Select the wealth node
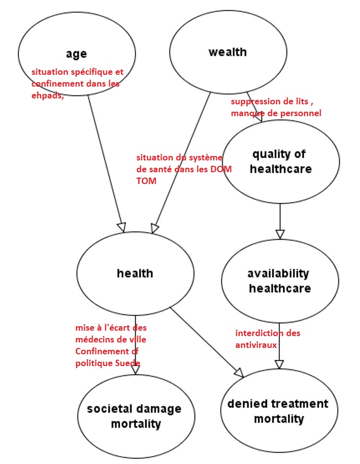(228, 52)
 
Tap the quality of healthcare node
(280, 161)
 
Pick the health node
(135, 273)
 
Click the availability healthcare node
(279, 280)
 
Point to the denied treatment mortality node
(277, 411)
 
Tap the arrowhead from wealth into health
(155, 228)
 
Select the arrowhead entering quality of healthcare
(260, 117)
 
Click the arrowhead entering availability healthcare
(280, 234)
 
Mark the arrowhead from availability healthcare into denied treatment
(279, 364)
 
